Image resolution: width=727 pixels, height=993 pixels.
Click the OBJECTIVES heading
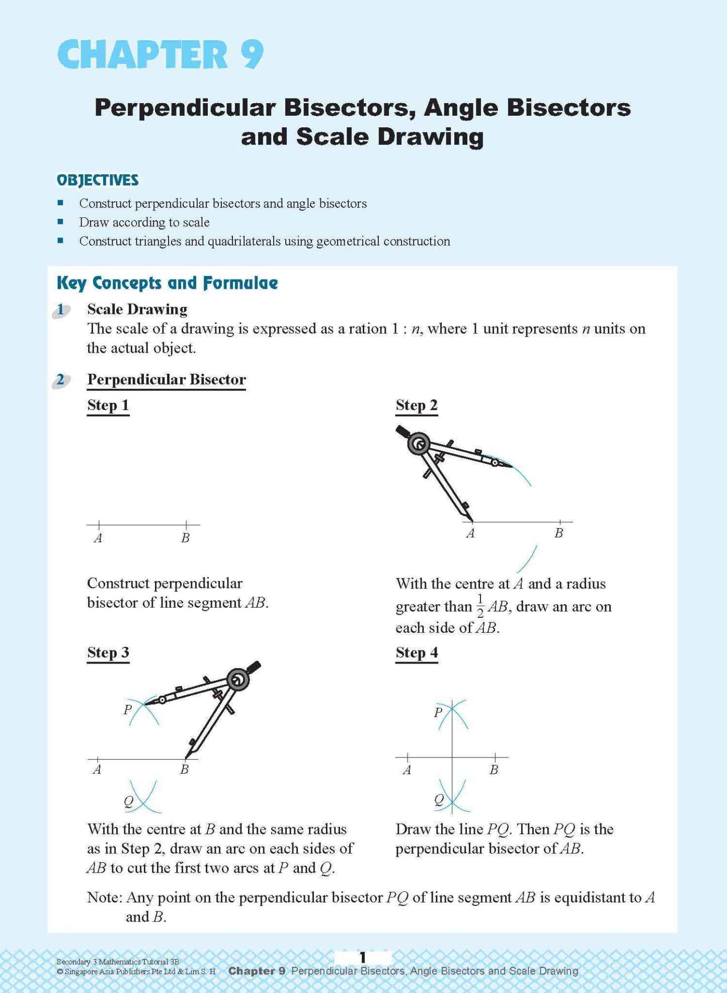point(98,180)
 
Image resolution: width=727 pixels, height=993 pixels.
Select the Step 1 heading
point(108,405)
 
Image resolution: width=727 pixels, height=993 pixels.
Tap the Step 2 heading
point(417,405)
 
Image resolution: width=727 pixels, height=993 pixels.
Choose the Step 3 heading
point(108,653)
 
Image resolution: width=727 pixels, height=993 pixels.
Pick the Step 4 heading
point(417,653)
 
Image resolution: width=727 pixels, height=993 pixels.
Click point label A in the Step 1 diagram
point(98,538)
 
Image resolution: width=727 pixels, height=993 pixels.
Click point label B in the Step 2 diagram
point(558,533)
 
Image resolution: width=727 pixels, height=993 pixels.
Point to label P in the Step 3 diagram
point(128,710)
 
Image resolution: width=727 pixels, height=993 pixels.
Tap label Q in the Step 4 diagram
point(439,799)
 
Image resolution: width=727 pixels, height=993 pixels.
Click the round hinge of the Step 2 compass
point(419,444)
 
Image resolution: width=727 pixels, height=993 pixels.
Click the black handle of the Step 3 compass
point(254,667)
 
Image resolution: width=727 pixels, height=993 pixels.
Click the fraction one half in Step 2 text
point(480,606)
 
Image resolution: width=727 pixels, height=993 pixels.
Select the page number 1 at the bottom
point(362,957)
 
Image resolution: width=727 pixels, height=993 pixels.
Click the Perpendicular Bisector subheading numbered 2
point(166,379)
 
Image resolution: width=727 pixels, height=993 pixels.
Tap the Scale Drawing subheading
point(137,309)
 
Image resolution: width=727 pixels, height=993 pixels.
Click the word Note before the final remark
point(104,898)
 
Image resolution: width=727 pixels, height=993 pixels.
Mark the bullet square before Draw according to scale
point(60,222)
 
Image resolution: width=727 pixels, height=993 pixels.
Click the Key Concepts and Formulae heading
point(167,283)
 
